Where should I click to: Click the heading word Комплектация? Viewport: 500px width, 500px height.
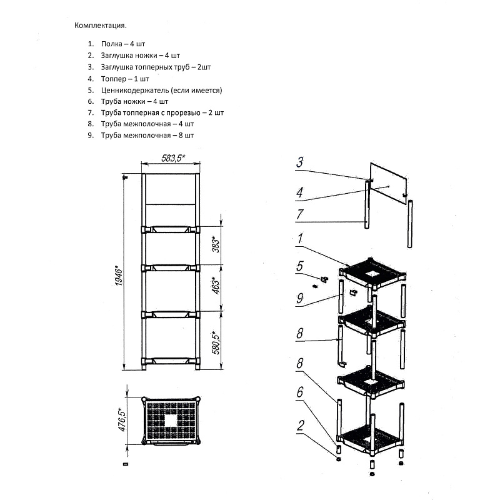pos(101,26)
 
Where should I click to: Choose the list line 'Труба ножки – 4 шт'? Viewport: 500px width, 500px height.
pos(134,101)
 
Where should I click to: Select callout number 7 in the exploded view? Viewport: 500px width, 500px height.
pos(300,214)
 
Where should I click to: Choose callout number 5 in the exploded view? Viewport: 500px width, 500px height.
pos(300,265)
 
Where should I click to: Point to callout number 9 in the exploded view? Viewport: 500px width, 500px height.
pos(300,298)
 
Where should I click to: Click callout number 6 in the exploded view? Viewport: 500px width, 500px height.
pos(300,392)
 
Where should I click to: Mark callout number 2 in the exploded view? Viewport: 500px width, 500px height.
pos(300,426)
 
